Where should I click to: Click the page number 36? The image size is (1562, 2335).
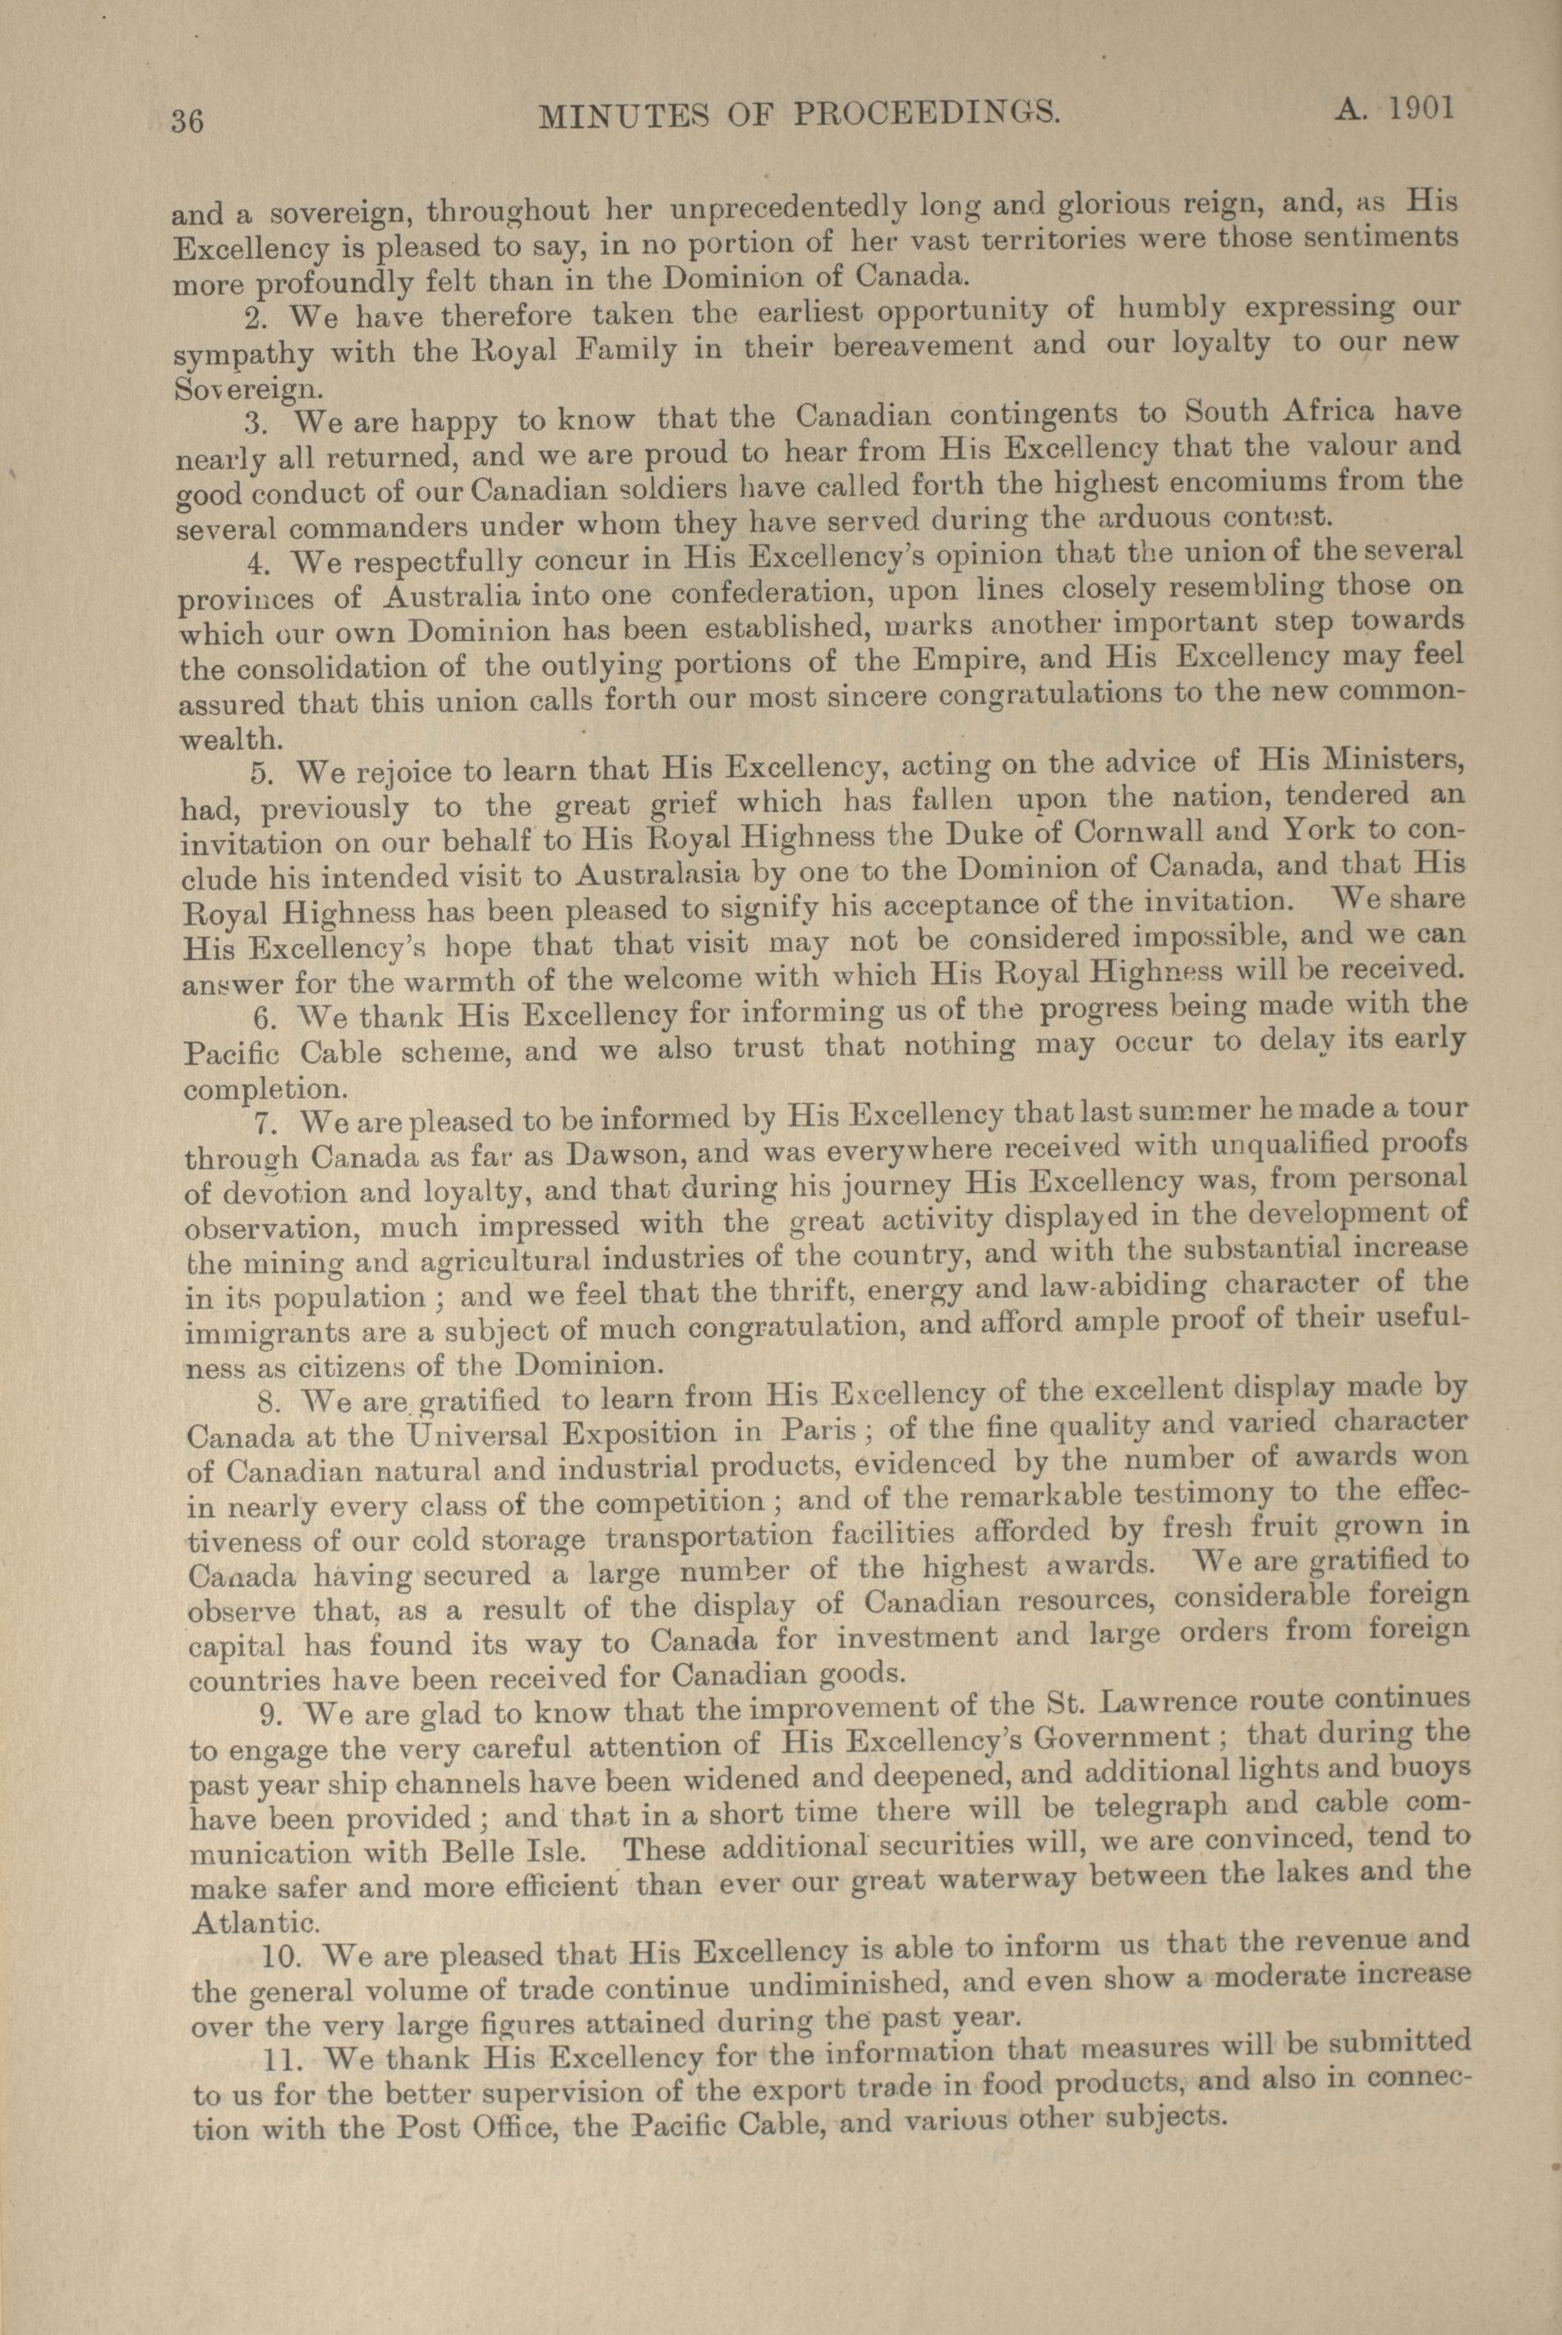pyautogui.click(x=187, y=122)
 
